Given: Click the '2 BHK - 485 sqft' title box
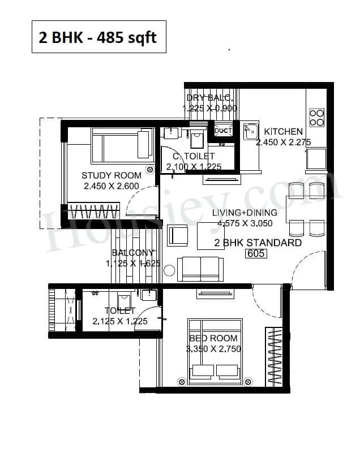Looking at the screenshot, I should point(99,37).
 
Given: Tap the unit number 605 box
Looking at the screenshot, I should point(256,254).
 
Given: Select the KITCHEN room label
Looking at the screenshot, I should point(283,132).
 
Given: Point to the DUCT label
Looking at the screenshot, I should point(224,131).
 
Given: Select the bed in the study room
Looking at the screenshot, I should point(121,144).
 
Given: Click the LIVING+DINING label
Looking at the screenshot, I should point(245,213).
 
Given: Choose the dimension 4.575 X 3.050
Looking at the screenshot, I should point(245,223).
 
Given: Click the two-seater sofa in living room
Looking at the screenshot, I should point(200,269).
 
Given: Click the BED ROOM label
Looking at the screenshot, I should point(213,338).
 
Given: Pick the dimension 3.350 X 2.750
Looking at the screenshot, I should point(213,349).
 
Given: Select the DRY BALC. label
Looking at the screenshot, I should point(209,98).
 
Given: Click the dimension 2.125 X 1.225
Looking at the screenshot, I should point(119,321).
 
